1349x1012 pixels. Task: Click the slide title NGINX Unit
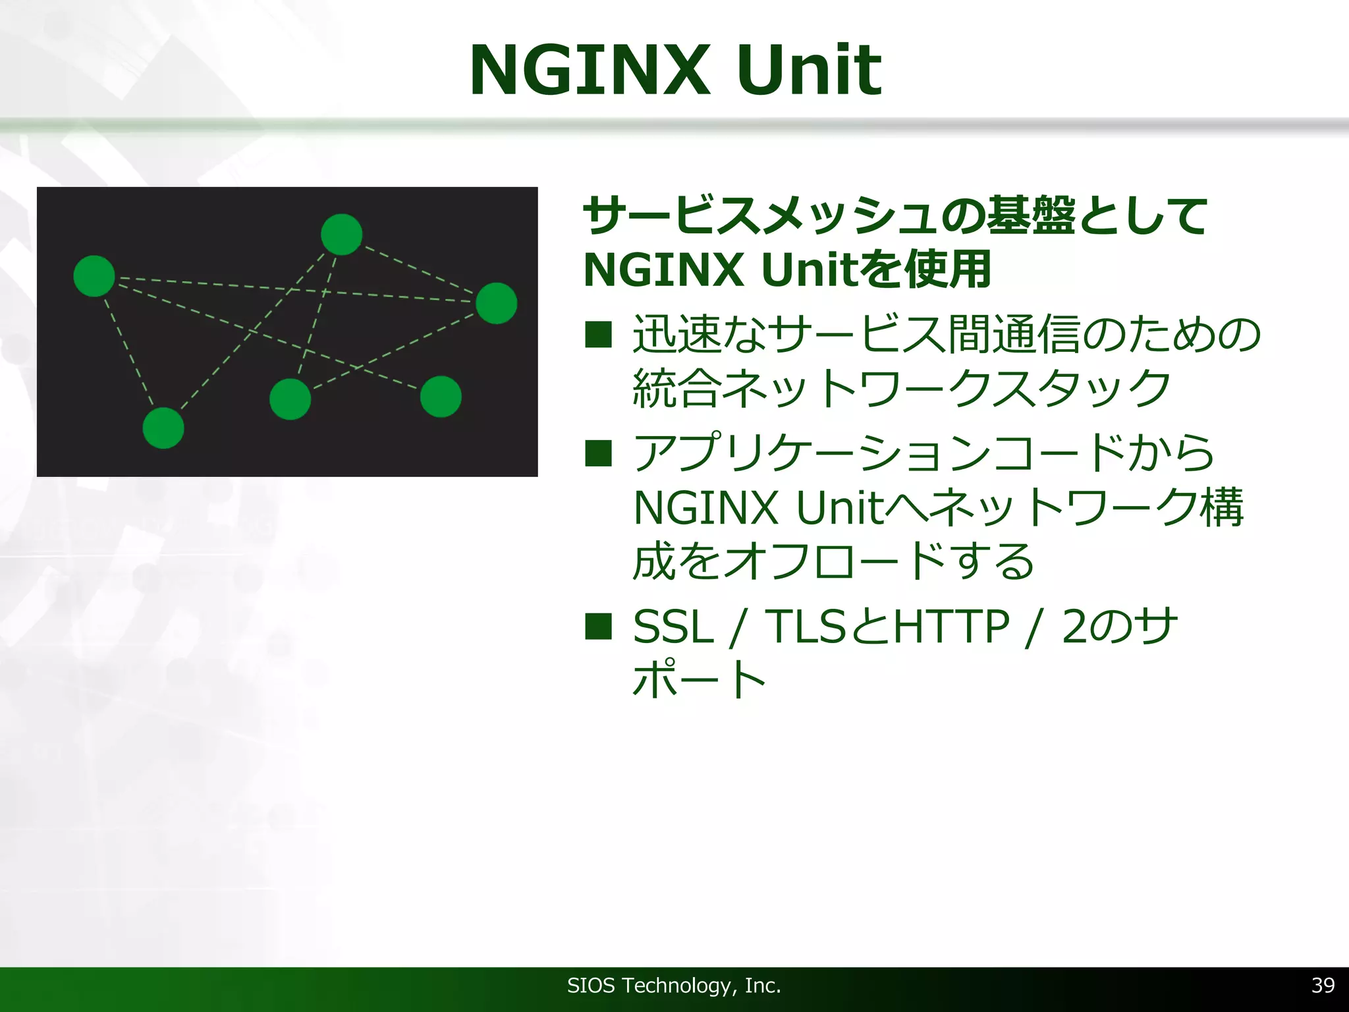pyautogui.click(x=674, y=70)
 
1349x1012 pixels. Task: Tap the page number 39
pyautogui.click(x=1323, y=985)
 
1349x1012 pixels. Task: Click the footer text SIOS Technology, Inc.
pyautogui.click(x=674, y=986)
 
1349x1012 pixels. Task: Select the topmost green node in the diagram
pyautogui.click(x=341, y=234)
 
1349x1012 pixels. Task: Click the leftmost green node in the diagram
pyautogui.click(x=94, y=276)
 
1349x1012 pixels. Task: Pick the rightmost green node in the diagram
pyautogui.click(x=496, y=303)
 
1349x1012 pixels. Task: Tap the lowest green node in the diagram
pyautogui.click(x=163, y=428)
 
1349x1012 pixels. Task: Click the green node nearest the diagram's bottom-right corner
pyautogui.click(x=441, y=397)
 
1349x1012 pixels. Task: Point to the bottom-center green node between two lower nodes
pyautogui.click(x=290, y=399)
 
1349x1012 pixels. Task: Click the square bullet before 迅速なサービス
pyautogui.click(x=598, y=334)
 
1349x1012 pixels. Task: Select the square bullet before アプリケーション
pyautogui.click(x=598, y=453)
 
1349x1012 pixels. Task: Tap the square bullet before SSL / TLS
pyautogui.click(x=598, y=626)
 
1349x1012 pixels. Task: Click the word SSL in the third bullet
pyautogui.click(x=673, y=627)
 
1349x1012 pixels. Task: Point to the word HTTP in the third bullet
pyautogui.click(x=951, y=627)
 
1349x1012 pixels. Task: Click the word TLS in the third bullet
pyautogui.click(x=805, y=627)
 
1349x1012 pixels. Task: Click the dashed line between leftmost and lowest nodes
pyautogui.click(x=129, y=352)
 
